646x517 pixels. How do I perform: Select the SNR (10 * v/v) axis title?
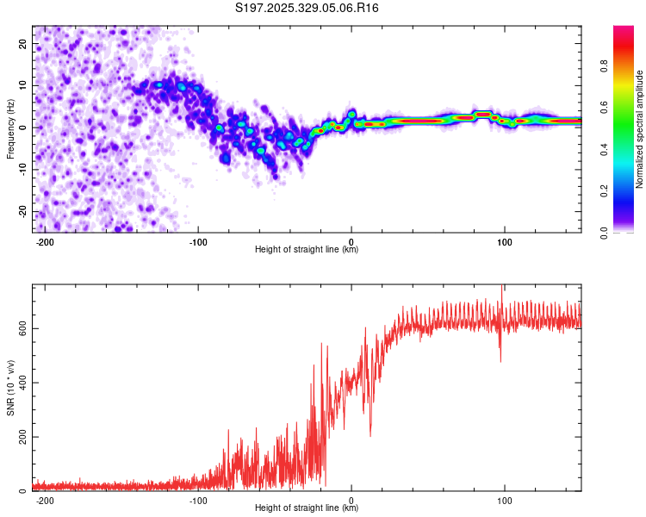tap(10, 388)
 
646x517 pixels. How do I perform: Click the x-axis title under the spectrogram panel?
tap(307, 250)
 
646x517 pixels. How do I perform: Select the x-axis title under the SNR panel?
tap(307, 508)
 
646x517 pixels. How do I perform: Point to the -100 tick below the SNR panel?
tap(198, 500)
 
